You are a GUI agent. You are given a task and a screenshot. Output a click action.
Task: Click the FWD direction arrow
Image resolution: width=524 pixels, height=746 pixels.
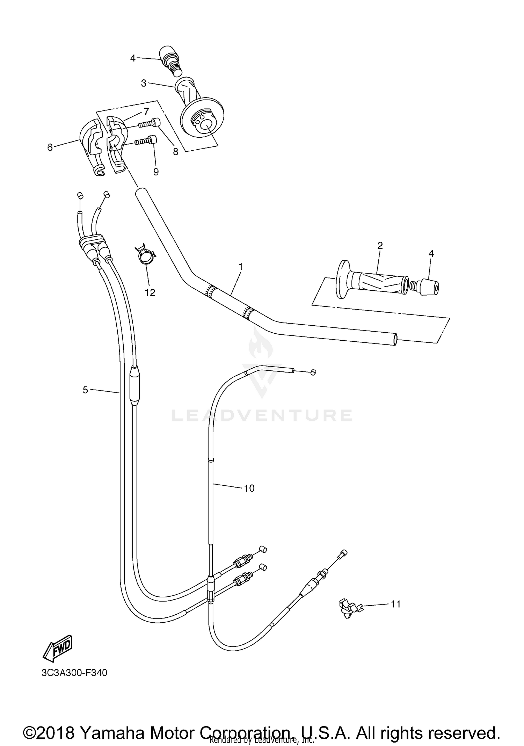pos(58,648)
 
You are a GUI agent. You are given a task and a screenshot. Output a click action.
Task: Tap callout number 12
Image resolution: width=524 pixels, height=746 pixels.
pos(150,292)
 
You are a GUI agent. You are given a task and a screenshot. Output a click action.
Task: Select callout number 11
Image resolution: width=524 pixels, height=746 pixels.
pos(395,604)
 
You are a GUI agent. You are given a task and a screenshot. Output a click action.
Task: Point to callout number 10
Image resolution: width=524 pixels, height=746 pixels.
pos(249,488)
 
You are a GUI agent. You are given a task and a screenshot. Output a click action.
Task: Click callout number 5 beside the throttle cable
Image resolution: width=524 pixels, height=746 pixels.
pos(85,390)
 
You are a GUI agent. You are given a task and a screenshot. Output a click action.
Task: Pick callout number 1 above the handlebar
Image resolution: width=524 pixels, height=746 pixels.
pos(240,267)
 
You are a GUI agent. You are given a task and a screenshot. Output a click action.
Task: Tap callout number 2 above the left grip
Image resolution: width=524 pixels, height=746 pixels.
pos(380,245)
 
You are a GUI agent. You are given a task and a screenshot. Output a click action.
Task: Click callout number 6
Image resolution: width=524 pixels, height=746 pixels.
pos(50,147)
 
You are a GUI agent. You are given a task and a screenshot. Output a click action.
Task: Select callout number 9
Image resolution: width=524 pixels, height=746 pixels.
pos(156,172)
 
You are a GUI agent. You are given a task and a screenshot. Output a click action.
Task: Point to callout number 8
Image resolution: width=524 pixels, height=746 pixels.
pos(175,151)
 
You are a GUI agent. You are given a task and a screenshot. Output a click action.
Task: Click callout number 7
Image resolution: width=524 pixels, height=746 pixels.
pos(146,111)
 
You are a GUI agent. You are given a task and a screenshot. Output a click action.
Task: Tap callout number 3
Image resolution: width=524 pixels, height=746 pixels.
pos(144,83)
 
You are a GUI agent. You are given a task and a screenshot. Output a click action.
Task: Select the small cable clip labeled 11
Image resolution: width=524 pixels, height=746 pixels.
pos(349,609)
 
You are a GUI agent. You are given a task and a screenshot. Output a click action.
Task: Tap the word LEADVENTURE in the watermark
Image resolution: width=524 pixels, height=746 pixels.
pos(262,415)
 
